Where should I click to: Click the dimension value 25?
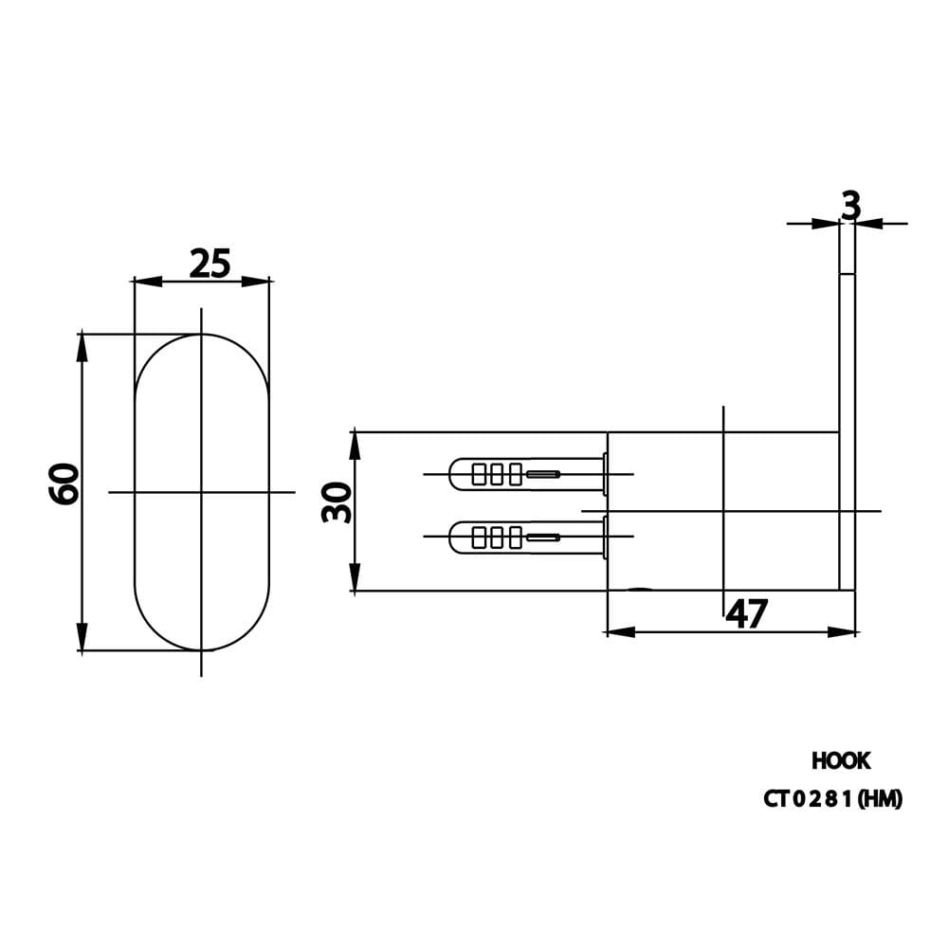210,264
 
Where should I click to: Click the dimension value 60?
64,483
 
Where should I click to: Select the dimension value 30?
337,502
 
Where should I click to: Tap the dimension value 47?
747,613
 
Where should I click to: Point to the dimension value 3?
850,206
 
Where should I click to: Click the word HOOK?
841,761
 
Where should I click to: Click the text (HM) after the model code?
880,799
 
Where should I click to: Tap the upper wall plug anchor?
528,473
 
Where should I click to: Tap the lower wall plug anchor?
528,537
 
